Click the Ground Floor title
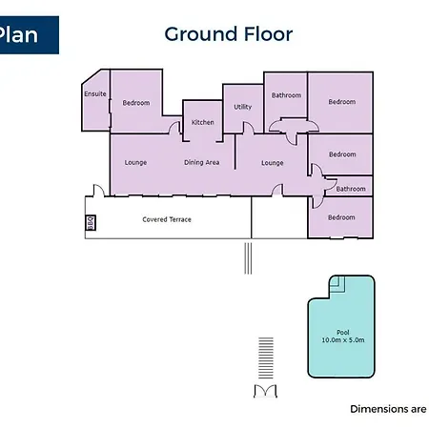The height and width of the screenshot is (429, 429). point(229,34)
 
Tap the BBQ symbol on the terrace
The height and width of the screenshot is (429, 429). point(91,223)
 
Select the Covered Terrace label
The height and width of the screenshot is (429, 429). point(167,219)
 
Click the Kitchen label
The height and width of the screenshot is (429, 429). point(203,122)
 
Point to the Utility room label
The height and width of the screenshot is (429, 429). point(243,107)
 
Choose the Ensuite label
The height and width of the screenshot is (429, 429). point(95,93)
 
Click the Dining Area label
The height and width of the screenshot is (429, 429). point(202,162)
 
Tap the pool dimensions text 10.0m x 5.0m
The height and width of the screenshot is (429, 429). point(343,340)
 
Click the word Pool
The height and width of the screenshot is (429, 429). point(343,333)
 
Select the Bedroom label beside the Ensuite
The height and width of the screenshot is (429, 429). point(136,103)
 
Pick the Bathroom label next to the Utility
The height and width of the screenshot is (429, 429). point(286,95)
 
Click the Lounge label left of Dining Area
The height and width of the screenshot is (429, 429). point(135,163)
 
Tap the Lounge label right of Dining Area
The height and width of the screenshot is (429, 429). point(273,163)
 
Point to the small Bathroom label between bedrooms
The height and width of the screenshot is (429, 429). point(351,189)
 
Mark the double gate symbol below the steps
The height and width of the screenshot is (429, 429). point(265,391)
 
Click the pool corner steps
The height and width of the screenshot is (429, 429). point(337,284)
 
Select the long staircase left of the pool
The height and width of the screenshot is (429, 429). point(266,358)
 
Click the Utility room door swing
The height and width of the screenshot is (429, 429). point(248,128)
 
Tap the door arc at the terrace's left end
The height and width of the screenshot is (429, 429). point(99,191)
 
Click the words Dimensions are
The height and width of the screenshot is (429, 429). point(388,409)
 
